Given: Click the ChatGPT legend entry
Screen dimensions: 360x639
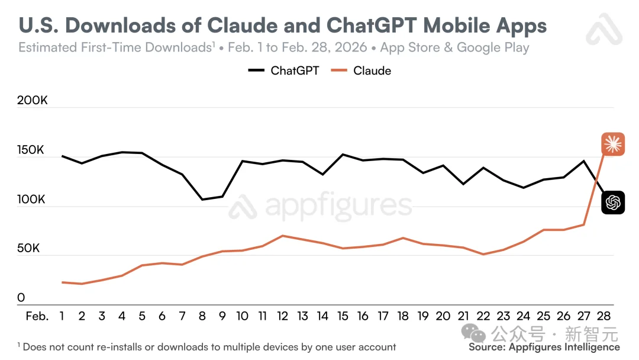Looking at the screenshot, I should [283, 71].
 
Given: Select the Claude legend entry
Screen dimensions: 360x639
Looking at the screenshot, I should [362, 71].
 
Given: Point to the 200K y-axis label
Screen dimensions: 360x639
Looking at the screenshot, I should [32, 101].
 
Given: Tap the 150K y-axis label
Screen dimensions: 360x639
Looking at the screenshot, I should [32, 150].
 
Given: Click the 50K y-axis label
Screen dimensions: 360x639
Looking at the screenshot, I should [28, 249].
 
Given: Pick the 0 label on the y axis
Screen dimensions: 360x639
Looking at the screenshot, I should [21, 298].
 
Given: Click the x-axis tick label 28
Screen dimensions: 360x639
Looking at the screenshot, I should [604, 316].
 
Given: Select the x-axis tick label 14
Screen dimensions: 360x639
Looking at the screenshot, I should [322, 316].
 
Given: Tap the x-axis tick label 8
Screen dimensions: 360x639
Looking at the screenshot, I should [202, 316].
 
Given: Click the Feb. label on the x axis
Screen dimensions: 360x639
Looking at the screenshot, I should [37, 316].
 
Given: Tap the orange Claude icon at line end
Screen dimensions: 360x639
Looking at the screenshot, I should [613, 144].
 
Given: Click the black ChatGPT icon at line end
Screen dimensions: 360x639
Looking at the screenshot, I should [613, 203].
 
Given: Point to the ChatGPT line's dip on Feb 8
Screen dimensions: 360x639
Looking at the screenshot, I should [202, 200].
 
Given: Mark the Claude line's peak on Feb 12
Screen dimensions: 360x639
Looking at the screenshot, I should [283, 236].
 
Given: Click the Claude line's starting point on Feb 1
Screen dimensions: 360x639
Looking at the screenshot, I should [62, 282].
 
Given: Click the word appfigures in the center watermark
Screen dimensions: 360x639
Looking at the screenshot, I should [338, 205].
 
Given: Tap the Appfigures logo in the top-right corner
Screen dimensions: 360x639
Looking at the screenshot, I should [604, 30].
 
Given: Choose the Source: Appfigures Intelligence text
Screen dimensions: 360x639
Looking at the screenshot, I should [544, 348].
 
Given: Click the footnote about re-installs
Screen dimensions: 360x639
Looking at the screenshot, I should [207, 347].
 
